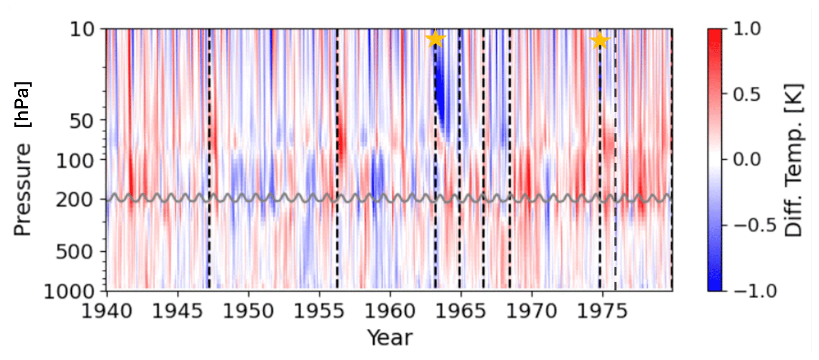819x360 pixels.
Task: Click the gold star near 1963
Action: pos(435,39)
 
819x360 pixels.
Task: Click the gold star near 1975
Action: pos(599,40)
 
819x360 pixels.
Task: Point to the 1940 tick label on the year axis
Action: pos(107,311)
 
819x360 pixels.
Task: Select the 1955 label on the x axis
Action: pos(319,311)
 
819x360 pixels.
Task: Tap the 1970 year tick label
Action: pos(532,311)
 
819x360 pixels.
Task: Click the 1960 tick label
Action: pos(390,311)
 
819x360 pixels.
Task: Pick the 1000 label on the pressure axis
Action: pos(69,292)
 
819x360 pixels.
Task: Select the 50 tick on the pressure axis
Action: pos(82,121)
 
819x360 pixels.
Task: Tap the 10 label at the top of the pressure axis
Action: pos(82,29)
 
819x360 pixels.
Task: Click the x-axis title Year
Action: pos(390,338)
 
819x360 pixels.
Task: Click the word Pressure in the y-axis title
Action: pos(23,189)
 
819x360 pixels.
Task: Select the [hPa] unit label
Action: pos(23,105)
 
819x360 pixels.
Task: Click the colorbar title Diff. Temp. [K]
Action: pos(793,160)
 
